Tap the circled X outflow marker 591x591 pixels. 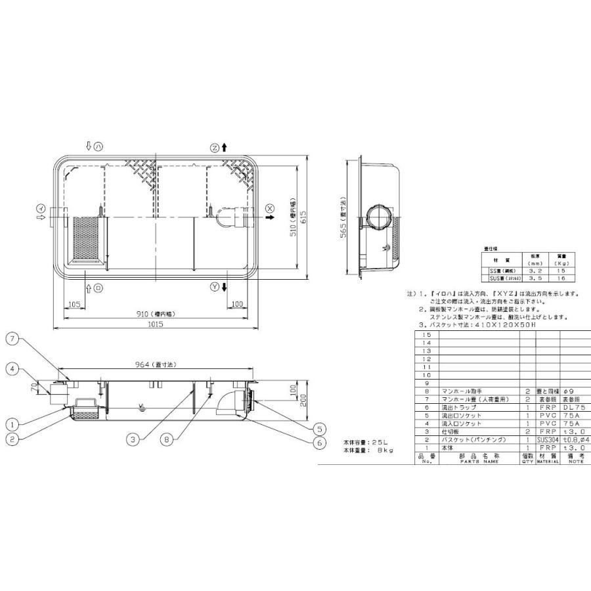click(x=270, y=208)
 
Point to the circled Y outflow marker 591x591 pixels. click(x=215, y=287)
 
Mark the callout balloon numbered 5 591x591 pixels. click(x=320, y=425)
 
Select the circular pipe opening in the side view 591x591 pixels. click(x=378, y=216)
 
